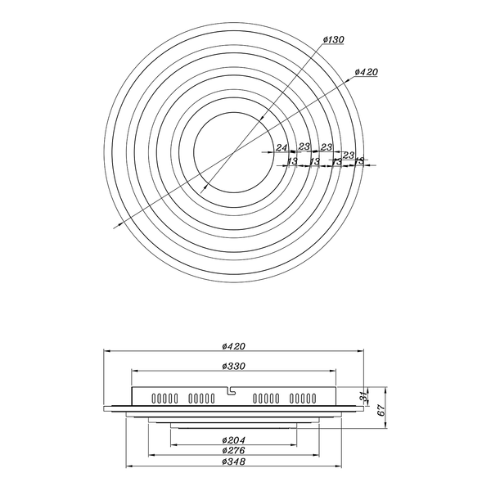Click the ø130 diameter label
click(x=333, y=39)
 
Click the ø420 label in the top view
click(x=366, y=72)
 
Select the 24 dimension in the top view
click(x=282, y=147)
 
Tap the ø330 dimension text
click(x=235, y=367)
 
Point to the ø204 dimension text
click(x=235, y=440)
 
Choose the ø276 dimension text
click(x=235, y=451)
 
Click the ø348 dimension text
click(x=235, y=462)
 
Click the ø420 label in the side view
click(x=235, y=347)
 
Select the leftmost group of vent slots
click(x=164, y=399)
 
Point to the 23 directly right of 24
click(x=304, y=147)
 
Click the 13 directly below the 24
click(x=292, y=161)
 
